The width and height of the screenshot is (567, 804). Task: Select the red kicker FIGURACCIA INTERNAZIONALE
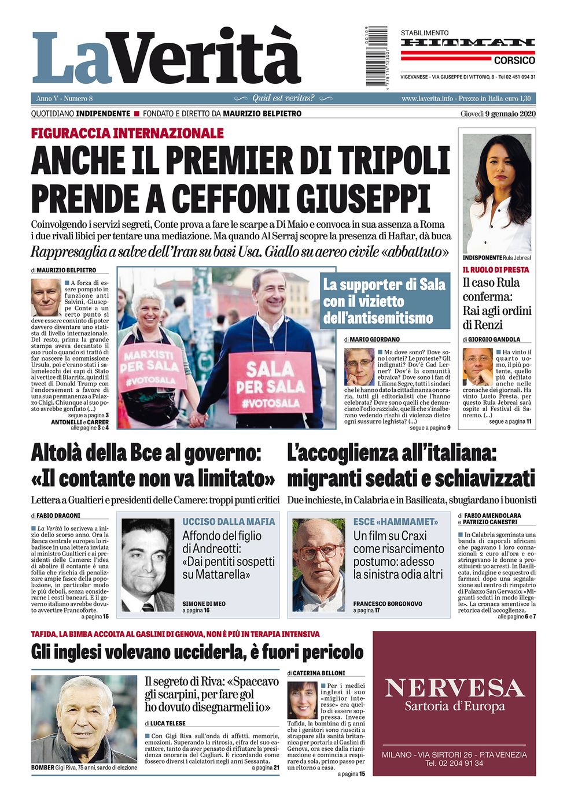coord(127,134)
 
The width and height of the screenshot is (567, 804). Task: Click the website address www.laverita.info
coord(427,98)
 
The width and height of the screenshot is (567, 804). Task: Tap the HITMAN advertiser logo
coord(467,43)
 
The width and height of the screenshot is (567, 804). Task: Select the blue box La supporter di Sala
coord(385,301)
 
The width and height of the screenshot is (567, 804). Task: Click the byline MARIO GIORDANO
coord(375,339)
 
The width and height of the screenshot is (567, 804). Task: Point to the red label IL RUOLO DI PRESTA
coord(495,270)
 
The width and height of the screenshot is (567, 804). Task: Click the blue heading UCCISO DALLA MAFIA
coord(229,521)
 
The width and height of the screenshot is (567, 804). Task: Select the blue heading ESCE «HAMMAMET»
coord(396,521)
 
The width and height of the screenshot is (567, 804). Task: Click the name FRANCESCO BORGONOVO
coord(388,603)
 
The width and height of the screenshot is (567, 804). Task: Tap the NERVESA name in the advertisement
coord(454,688)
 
